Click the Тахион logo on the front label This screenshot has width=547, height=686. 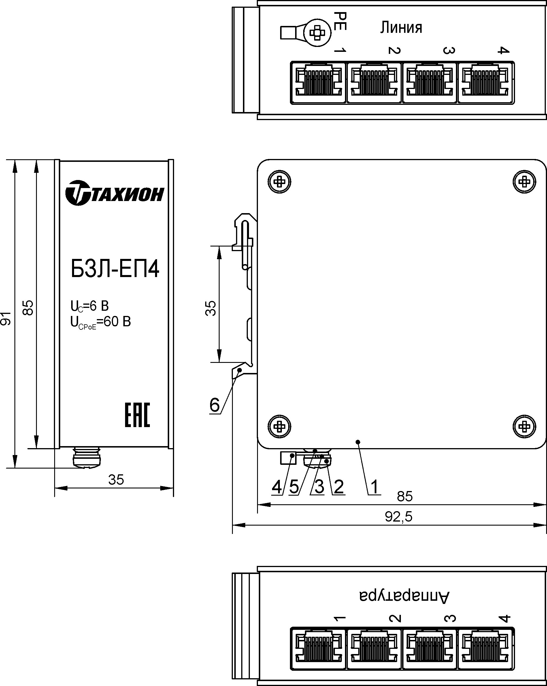(115, 193)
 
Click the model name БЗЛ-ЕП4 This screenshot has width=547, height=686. (115, 269)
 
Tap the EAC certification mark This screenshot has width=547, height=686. (137, 415)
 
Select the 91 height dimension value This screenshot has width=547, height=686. (6, 319)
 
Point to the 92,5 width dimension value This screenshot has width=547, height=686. (398, 517)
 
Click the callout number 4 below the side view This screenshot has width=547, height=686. (277, 487)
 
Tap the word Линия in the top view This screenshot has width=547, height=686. (401, 28)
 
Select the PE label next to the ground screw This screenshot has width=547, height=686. (340, 21)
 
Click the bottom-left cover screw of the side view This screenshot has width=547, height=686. (280, 426)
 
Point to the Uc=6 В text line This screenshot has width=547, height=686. (89, 306)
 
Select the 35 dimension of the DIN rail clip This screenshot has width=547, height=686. (211, 308)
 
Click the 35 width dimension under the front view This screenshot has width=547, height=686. (116, 480)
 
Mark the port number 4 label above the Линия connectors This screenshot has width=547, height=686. (503, 50)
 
